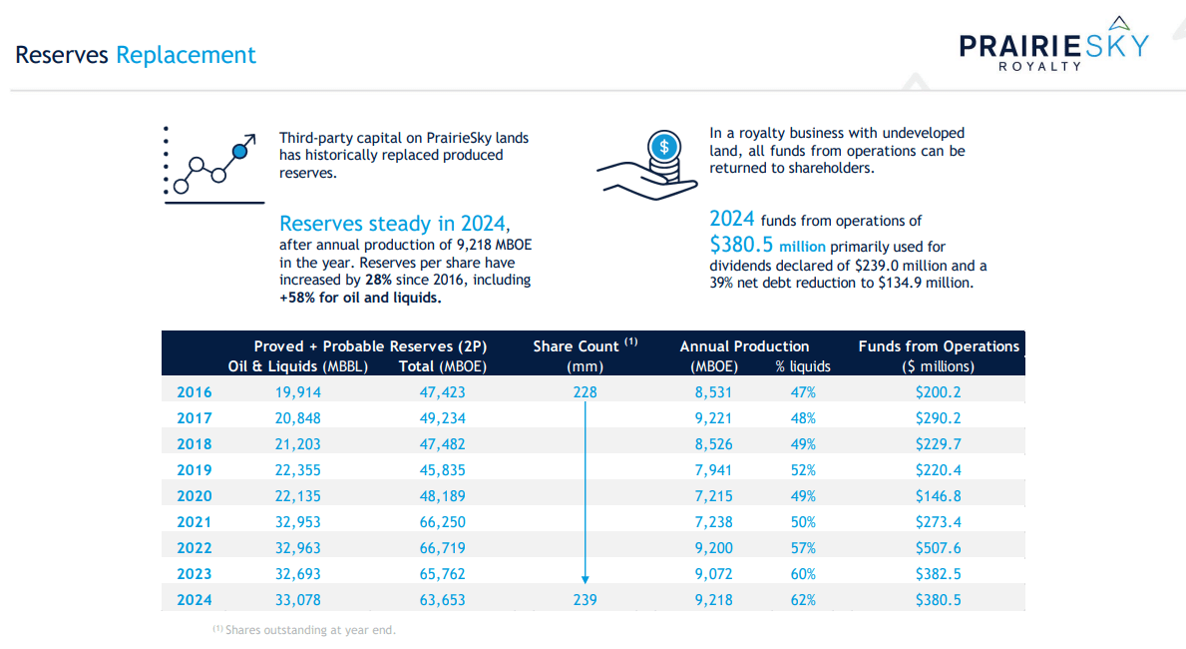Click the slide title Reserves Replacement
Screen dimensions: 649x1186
[x=136, y=55]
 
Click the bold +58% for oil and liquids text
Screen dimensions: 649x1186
[x=360, y=298]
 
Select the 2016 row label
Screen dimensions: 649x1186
[x=195, y=392]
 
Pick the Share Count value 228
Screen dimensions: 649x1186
[x=585, y=392]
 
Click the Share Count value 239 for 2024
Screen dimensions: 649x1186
[x=585, y=600]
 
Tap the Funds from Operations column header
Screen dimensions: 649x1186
[x=939, y=346]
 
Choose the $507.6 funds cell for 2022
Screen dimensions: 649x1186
[x=938, y=548]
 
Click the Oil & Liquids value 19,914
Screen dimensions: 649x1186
[x=298, y=392]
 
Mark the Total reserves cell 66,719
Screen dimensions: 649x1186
[x=442, y=548]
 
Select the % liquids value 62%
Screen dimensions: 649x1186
[x=803, y=600]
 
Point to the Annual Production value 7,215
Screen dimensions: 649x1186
[x=714, y=496]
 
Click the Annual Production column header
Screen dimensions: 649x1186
[x=744, y=346]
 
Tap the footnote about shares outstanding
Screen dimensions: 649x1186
[x=304, y=630]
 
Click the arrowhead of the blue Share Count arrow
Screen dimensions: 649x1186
[x=586, y=578]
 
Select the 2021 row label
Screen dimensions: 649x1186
[x=195, y=522]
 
